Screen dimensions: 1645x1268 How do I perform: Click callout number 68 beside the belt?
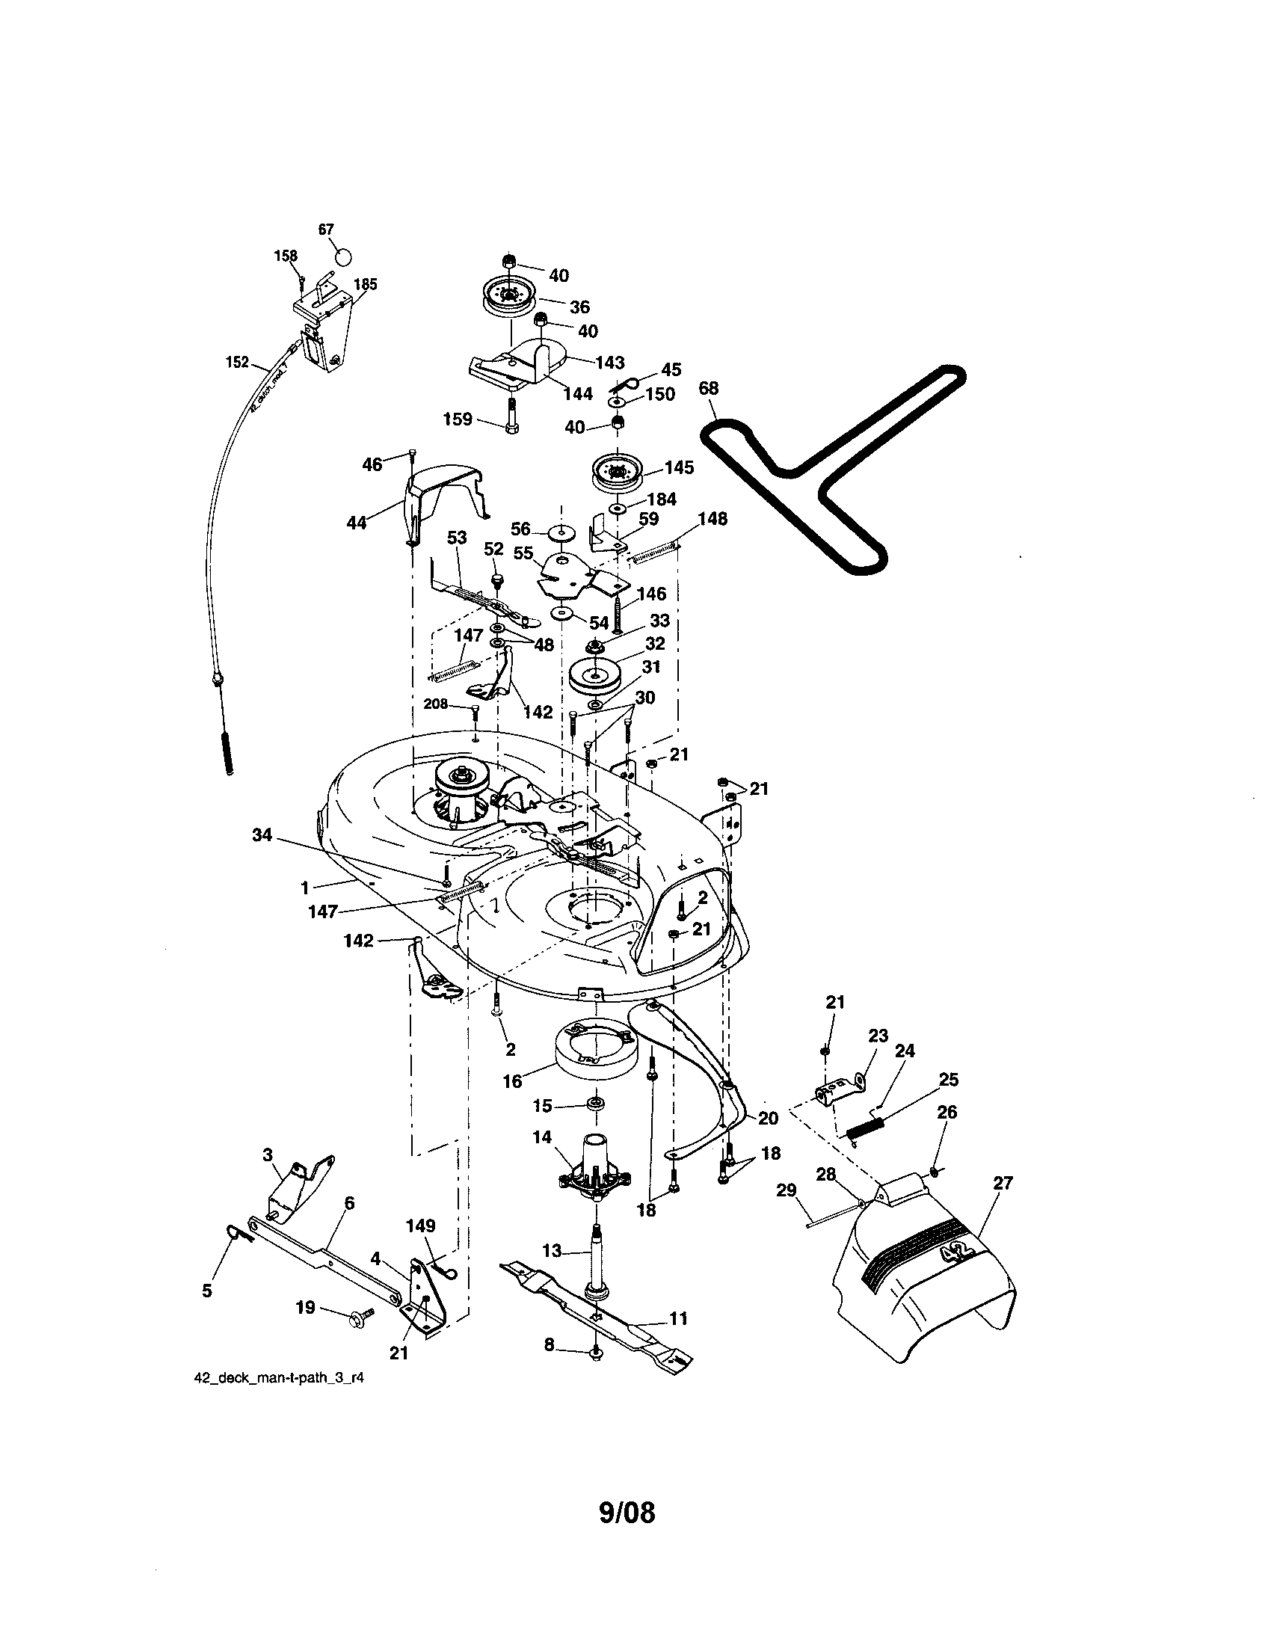click(709, 388)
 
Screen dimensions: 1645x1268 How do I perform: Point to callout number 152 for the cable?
click(237, 363)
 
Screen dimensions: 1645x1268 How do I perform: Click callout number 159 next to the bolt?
click(458, 419)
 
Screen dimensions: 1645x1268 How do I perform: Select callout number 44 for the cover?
click(356, 522)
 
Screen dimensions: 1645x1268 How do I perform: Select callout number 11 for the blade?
click(678, 1318)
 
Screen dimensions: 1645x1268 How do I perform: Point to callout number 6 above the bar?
click(348, 1202)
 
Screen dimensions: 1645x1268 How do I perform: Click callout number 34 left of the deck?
click(262, 834)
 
